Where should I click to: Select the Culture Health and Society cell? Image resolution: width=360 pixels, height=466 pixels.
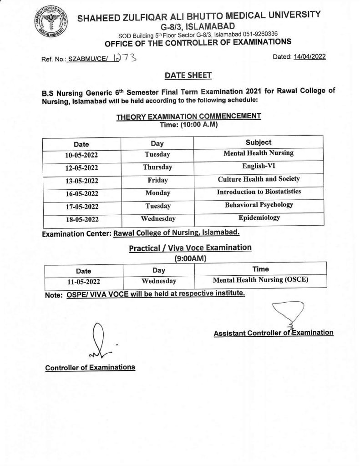tap(258, 179)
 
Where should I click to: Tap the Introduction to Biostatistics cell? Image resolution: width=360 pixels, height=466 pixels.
tap(258, 192)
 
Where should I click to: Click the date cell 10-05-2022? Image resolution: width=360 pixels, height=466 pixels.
tap(82, 155)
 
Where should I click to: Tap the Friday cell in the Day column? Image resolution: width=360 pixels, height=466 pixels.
tap(157, 180)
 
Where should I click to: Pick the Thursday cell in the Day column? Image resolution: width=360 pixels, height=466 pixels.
tap(157, 167)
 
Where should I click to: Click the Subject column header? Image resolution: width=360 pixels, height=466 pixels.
tap(258, 142)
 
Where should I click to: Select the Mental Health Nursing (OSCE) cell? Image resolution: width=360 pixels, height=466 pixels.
tap(260, 280)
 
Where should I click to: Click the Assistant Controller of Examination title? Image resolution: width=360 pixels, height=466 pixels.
tap(274, 333)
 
